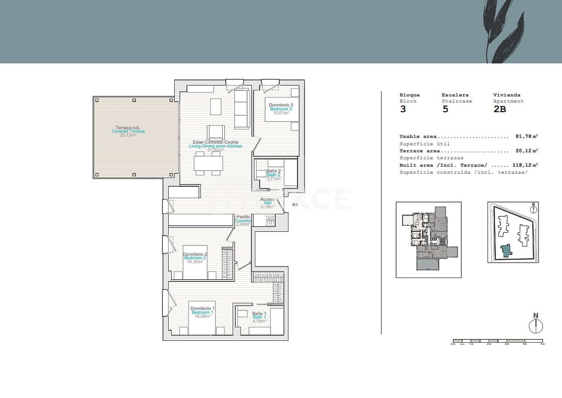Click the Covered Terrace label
pyautogui.click(x=128, y=131)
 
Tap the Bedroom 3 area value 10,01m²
pyautogui.click(x=281, y=113)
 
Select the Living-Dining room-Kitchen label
pyautogui.click(x=215, y=146)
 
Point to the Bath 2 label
pyautogui.click(x=274, y=175)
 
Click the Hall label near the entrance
pyautogui.click(x=267, y=203)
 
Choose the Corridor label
pyautogui.click(x=243, y=221)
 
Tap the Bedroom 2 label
pyautogui.click(x=195, y=258)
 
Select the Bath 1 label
pyautogui.click(x=259, y=317)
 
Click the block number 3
pyautogui.click(x=403, y=109)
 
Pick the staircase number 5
pyautogui.click(x=445, y=109)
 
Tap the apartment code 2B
pyautogui.click(x=500, y=109)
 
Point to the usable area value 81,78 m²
pyautogui.click(x=526, y=137)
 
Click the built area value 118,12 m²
pyautogui.click(x=525, y=165)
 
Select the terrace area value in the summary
pyautogui.click(x=526, y=151)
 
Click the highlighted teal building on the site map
pyautogui.click(x=507, y=251)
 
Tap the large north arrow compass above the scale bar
pyautogui.click(x=536, y=325)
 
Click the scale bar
pyautogui.click(x=497, y=341)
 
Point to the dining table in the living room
pyautogui.click(x=208, y=163)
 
